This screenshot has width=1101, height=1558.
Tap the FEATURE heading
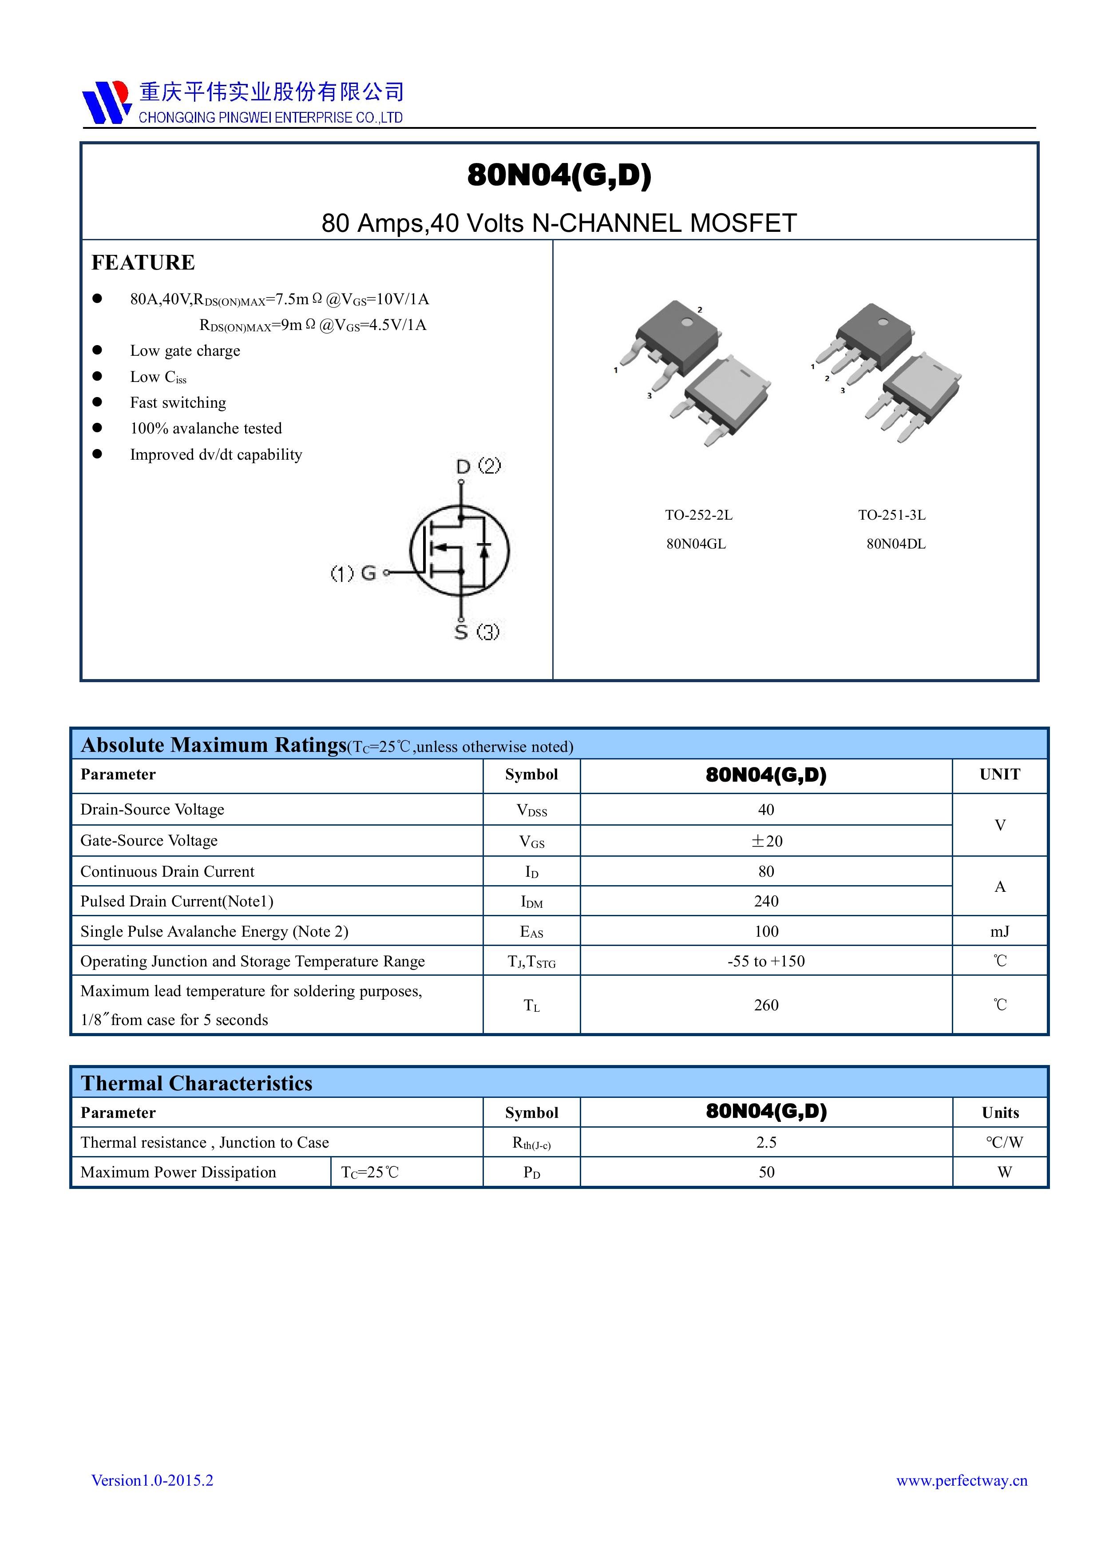[x=143, y=262]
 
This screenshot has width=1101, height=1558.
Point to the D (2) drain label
[x=478, y=466]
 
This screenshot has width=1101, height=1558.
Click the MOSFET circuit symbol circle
[x=459, y=550]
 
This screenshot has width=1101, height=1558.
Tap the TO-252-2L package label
[x=698, y=515]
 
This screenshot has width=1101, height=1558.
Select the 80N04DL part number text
[x=895, y=544]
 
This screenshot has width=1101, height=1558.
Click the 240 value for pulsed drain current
[x=766, y=901]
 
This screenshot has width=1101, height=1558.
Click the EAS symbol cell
[x=531, y=932]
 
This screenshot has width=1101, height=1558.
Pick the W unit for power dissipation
[x=1004, y=1172]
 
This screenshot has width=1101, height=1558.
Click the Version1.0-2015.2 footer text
[x=153, y=1481]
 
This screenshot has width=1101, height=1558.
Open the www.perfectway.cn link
[x=961, y=1481]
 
